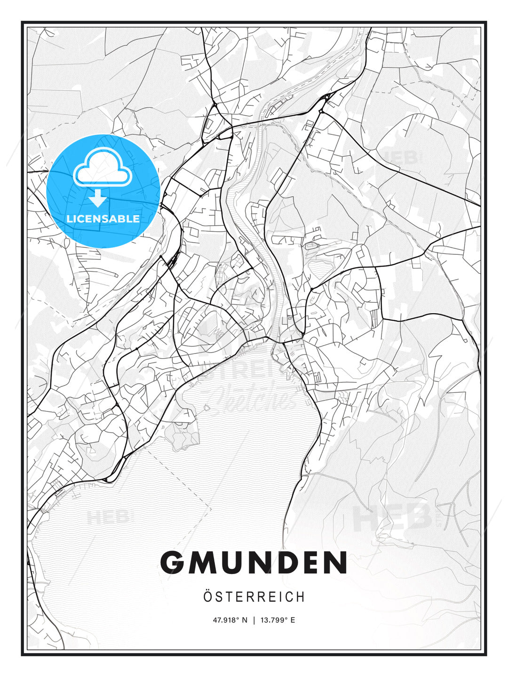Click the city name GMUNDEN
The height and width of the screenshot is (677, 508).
tap(254, 563)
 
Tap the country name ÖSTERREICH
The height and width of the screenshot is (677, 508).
tap(254, 597)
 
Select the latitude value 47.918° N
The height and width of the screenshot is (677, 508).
tap(230, 620)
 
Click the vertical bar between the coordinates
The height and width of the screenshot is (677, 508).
tap(254, 620)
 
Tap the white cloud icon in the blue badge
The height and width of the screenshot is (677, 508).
tap(102, 168)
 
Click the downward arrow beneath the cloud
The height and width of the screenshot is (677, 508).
tap(98, 198)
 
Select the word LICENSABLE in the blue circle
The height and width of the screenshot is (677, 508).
tap(103, 219)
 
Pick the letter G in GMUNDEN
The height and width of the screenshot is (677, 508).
tap(173, 563)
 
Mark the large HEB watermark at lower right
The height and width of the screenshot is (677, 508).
tap(393, 517)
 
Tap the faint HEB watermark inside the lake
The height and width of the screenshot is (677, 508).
tap(107, 518)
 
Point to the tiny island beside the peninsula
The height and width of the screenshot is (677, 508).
tap(206, 408)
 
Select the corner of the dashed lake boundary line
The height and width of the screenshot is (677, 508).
tap(210, 509)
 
